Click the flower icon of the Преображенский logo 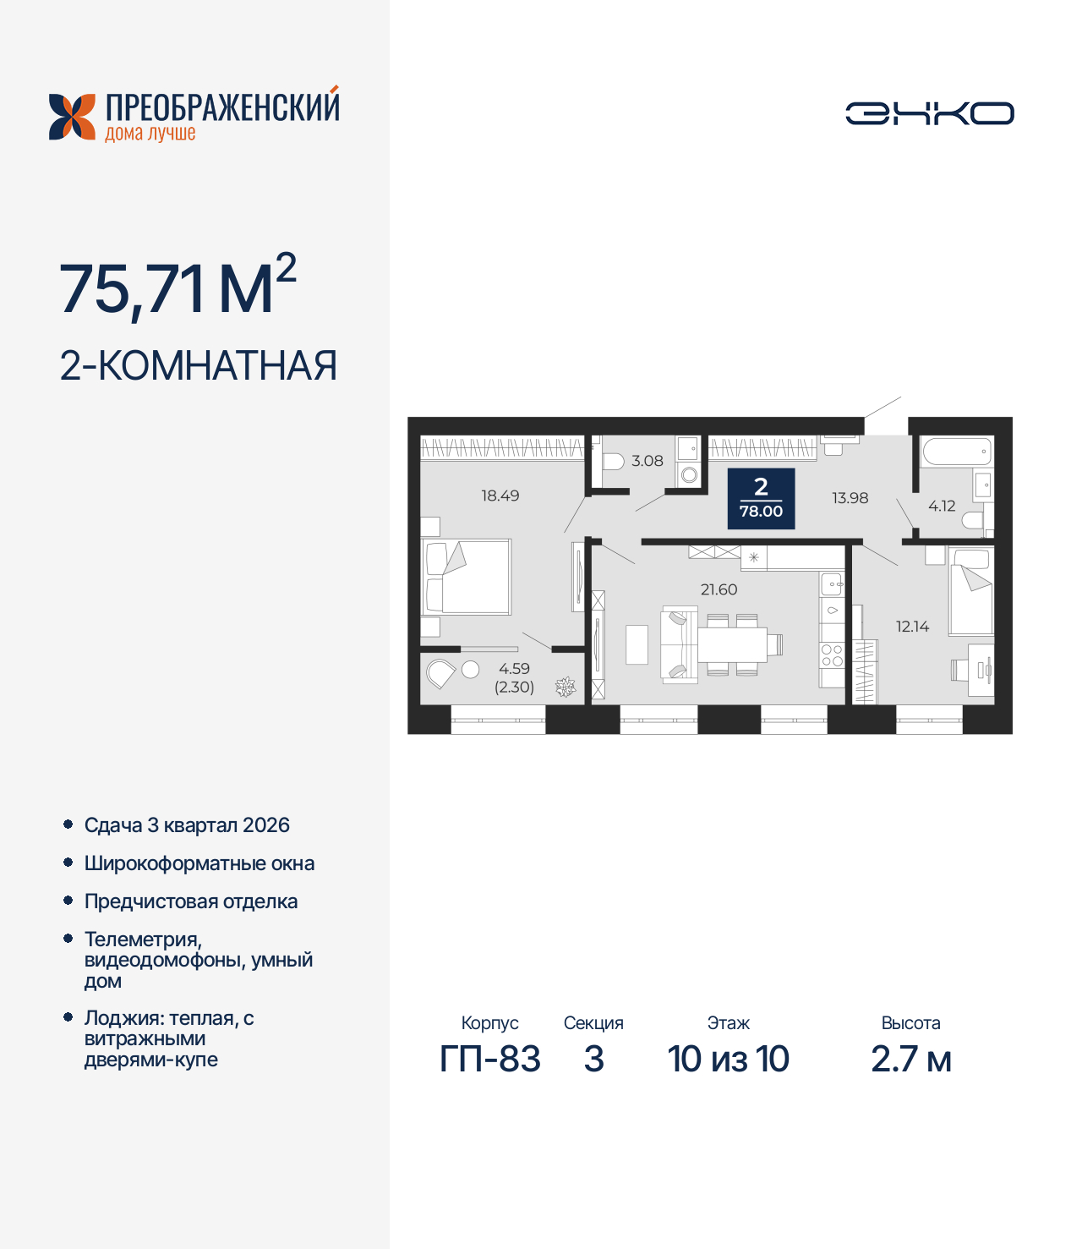[x=72, y=117]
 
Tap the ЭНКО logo [x=929, y=113]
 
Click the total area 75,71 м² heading [x=178, y=288]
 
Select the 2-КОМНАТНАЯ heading [x=199, y=366]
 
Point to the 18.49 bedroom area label [x=500, y=496]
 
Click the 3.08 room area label [x=648, y=461]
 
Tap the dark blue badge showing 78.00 [x=761, y=498]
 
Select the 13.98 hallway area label [x=850, y=498]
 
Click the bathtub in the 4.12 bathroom [x=956, y=451]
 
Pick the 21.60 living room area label [x=719, y=589]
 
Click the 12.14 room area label [x=912, y=627]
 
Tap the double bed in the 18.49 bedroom [x=467, y=578]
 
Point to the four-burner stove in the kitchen [x=832, y=655]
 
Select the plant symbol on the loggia [x=566, y=687]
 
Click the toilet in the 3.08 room [x=610, y=462]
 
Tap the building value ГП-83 [x=489, y=1059]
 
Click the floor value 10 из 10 [x=728, y=1059]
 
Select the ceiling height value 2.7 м [x=910, y=1059]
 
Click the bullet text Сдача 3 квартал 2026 [x=187, y=825]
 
